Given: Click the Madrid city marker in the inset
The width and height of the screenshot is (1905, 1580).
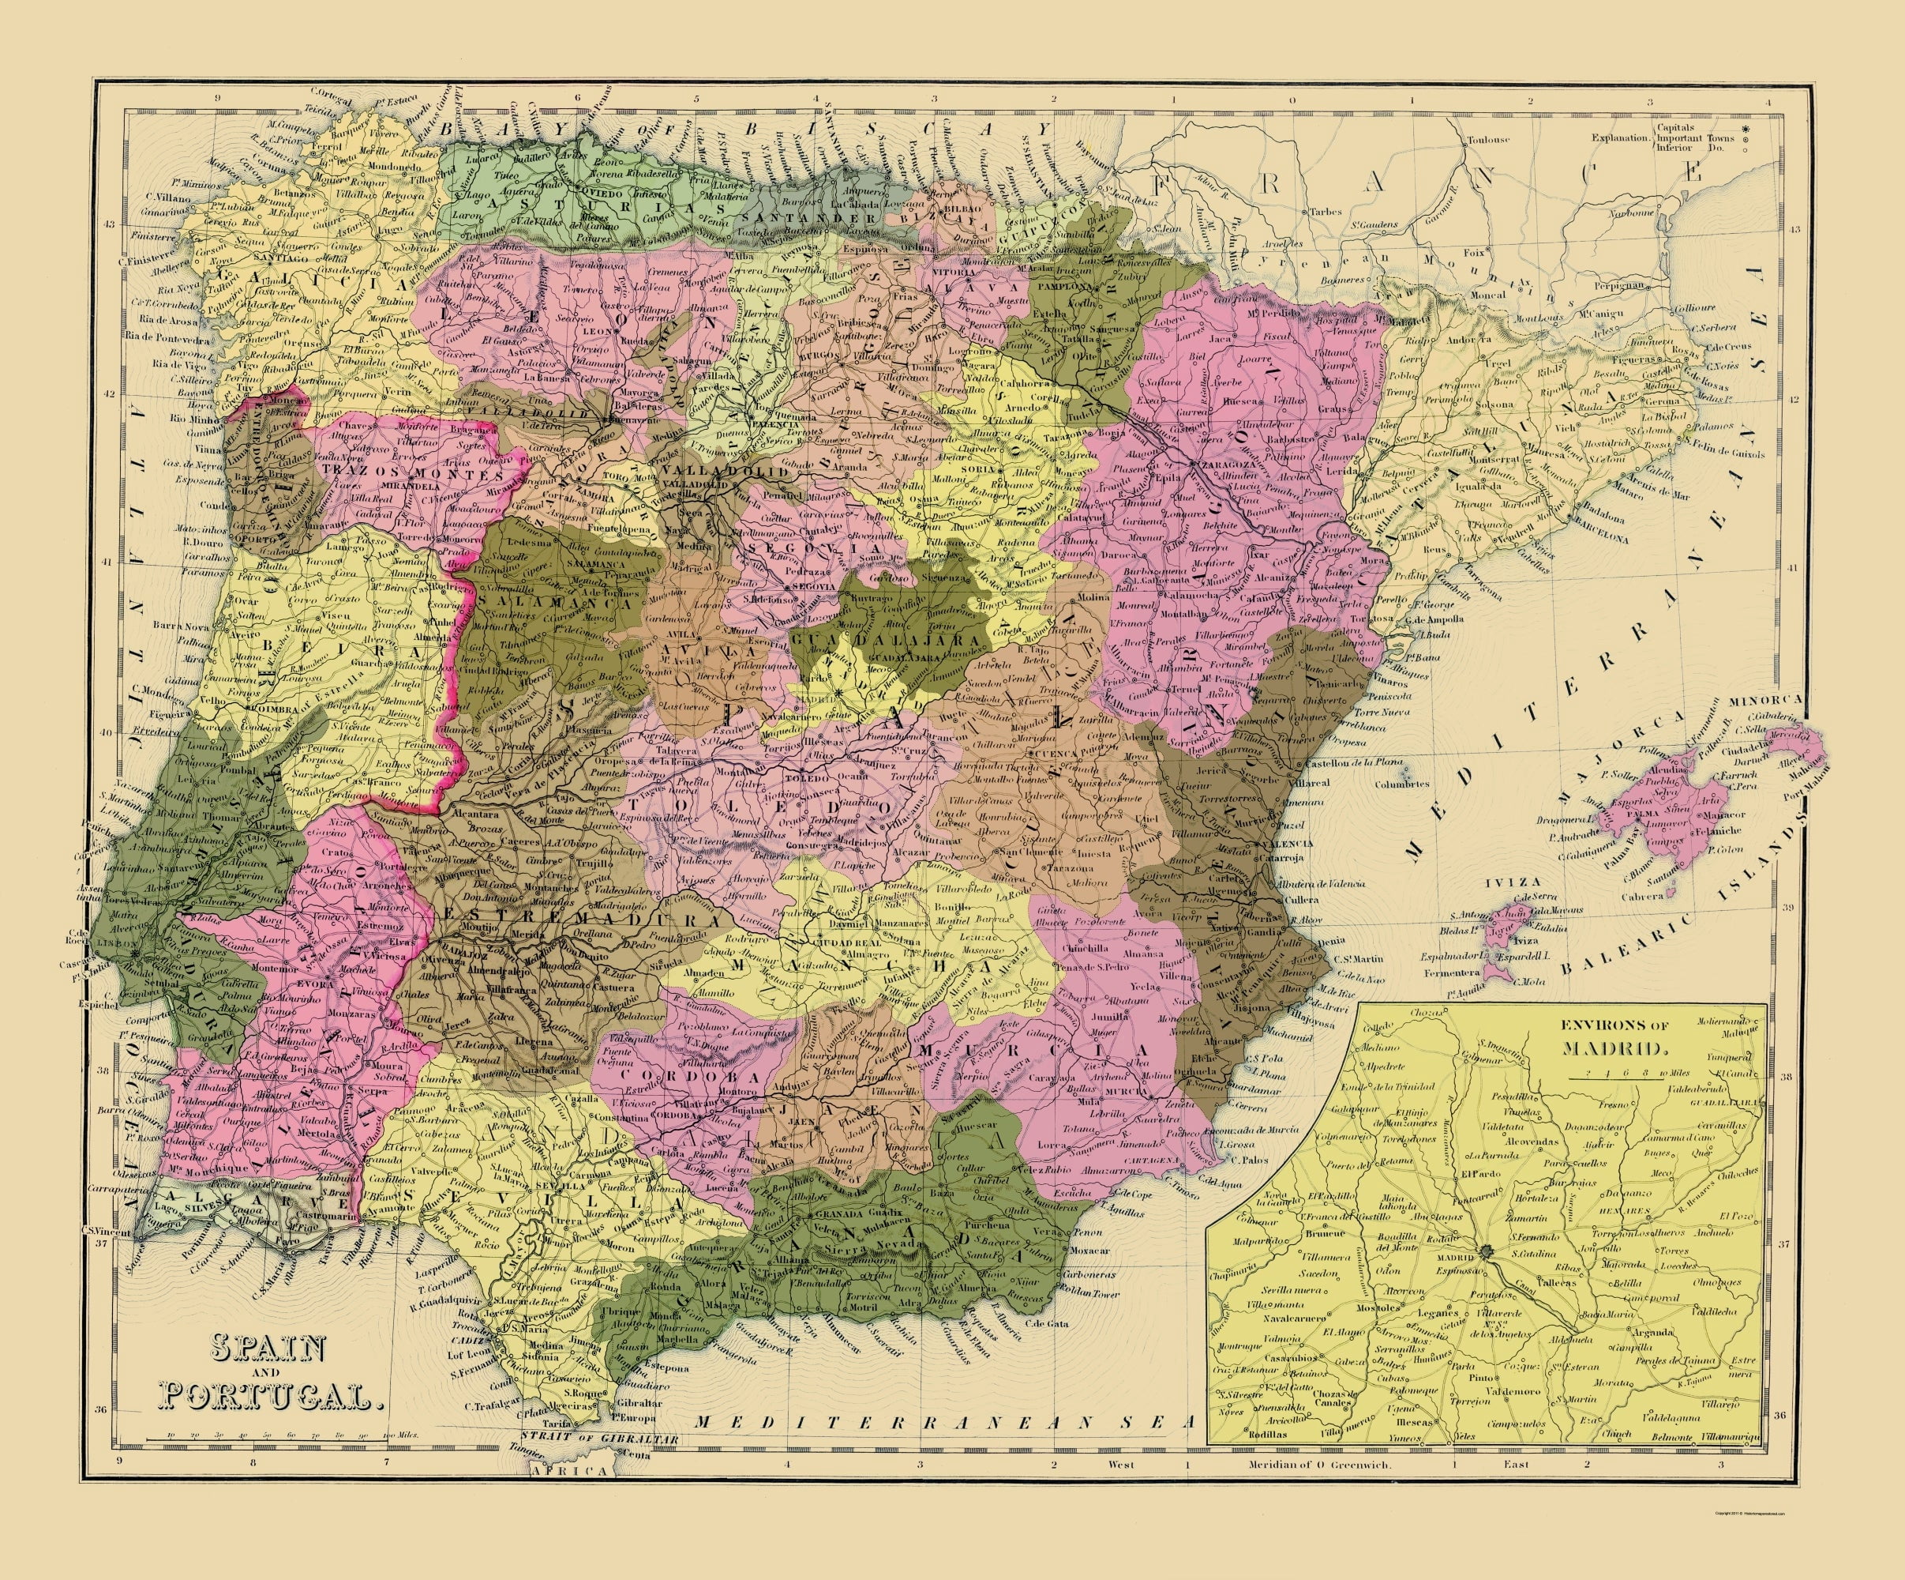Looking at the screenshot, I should coord(1484,1251).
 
